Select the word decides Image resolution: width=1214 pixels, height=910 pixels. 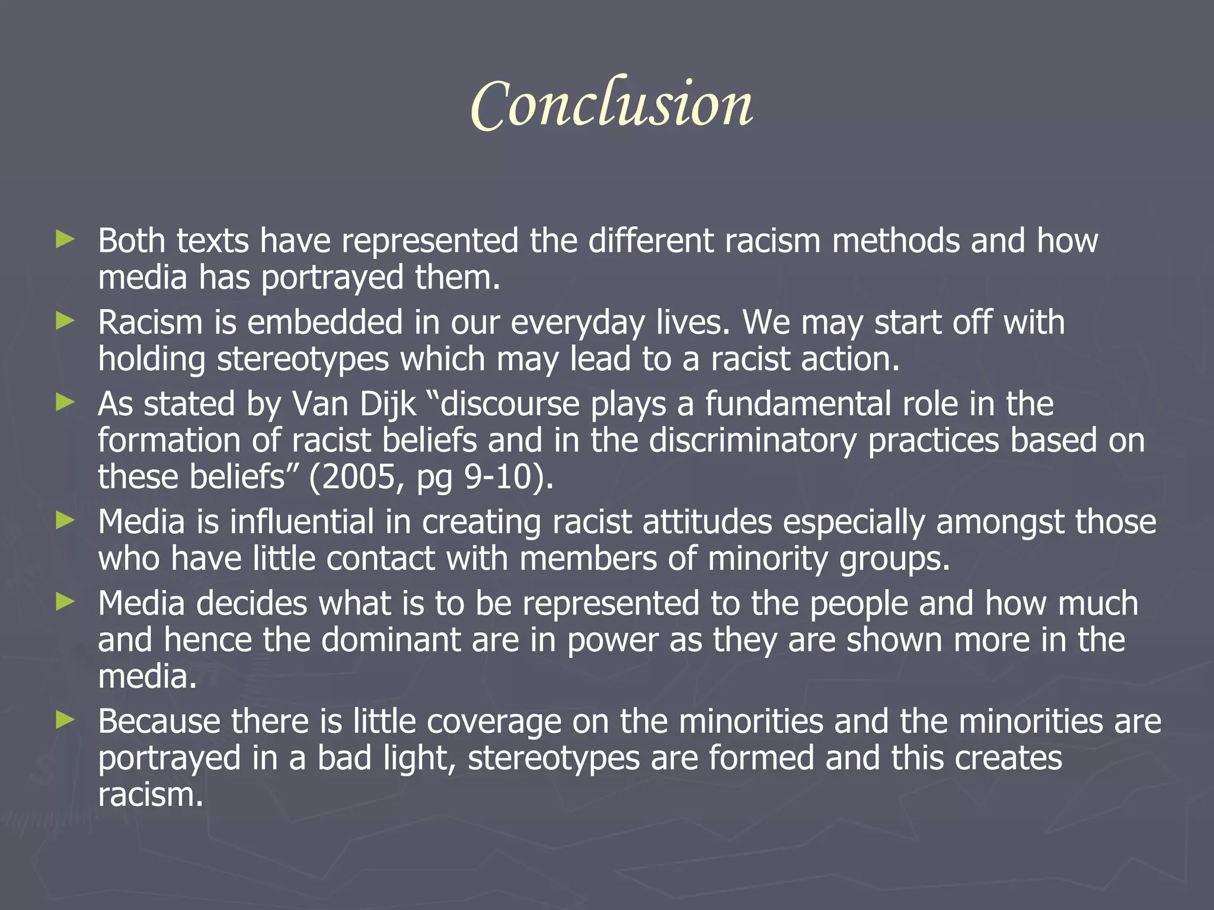(252, 604)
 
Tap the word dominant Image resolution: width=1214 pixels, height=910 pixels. (391, 640)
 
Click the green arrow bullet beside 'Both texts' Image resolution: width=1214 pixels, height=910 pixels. (65, 240)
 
